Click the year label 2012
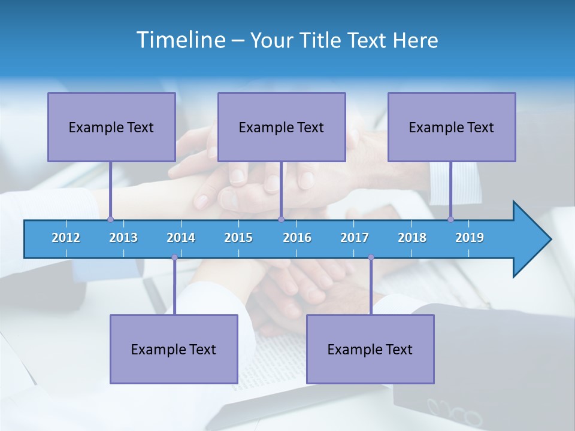tap(66, 238)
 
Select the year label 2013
tap(123, 238)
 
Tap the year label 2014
tap(181, 238)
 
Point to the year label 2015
tap(238, 238)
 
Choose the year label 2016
tap(297, 238)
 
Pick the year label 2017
tap(355, 238)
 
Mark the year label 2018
tap(412, 238)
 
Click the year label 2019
tap(470, 238)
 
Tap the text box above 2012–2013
tap(111, 127)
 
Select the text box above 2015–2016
tap(282, 127)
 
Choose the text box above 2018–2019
tap(452, 127)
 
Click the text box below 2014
tap(174, 349)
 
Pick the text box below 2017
tap(370, 349)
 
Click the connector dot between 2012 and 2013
tap(110, 219)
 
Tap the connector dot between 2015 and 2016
tap(281, 219)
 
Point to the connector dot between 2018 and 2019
tap(451, 219)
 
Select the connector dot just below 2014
tap(174, 257)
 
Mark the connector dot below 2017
tap(371, 257)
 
